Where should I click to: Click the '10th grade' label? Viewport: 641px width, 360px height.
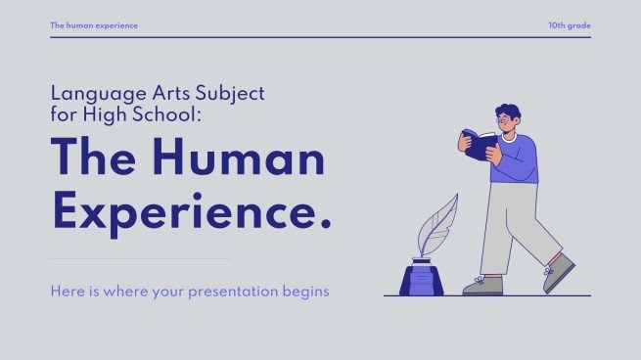[x=570, y=24]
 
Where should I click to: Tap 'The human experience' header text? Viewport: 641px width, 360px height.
[x=94, y=24]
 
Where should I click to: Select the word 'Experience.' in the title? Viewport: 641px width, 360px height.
[x=191, y=211]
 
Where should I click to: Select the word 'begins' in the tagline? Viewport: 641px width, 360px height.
[x=304, y=291]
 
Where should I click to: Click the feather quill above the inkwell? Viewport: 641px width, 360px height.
[x=436, y=226]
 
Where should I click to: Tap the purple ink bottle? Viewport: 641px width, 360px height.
[x=421, y=280]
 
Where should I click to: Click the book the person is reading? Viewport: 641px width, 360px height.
[x=481, y=145]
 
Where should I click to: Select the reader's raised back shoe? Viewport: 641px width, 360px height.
[x=559, y=273]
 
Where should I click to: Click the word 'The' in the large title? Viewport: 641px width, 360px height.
[x=92, y=159]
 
